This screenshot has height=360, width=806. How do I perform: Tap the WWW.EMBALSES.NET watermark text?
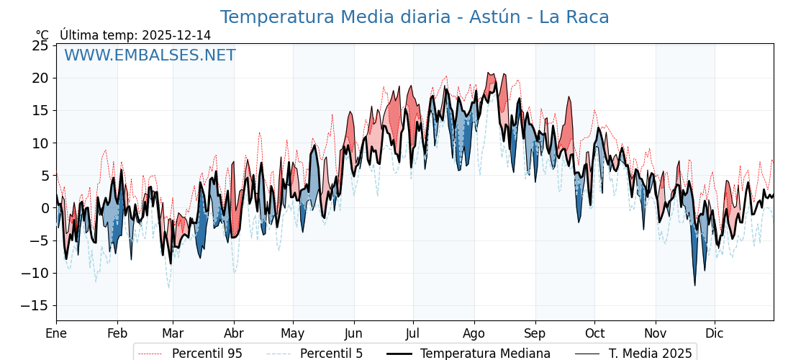pos(150,55)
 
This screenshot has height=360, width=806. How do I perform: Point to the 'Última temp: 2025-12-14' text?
pos(135,35)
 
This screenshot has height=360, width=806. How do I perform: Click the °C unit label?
pos(42,35)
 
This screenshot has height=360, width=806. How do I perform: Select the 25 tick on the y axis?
pos(40,45)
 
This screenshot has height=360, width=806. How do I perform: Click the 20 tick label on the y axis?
pos(40,78)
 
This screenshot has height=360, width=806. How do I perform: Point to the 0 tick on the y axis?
pos(45,208)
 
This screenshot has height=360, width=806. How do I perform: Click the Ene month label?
pos(56,334)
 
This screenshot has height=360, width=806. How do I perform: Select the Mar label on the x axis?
pos(173,334)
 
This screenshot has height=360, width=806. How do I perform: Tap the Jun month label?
pos(353,334)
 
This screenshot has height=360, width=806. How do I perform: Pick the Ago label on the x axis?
pos(474,334)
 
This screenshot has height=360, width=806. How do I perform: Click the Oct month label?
pos(594,334)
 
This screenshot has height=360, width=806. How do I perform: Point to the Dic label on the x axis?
pos(715,334)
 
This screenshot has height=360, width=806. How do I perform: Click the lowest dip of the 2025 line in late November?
pos(695,285)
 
